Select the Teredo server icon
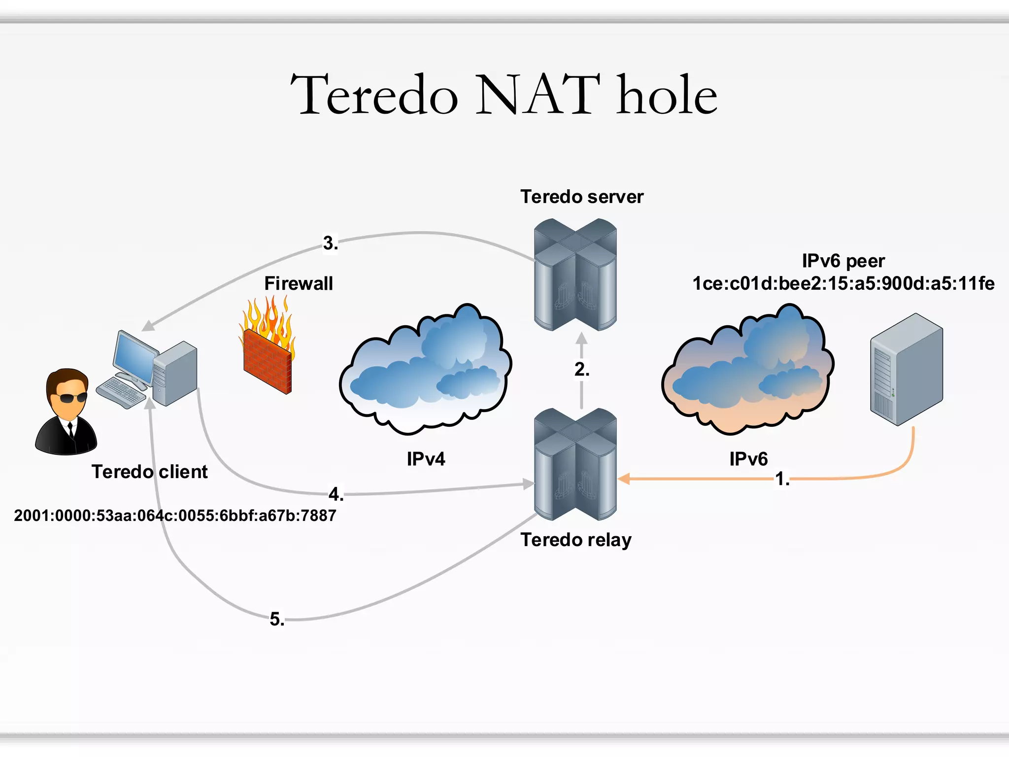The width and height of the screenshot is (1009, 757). tap(575, 275)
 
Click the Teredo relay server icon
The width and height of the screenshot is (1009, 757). tap(575, 464)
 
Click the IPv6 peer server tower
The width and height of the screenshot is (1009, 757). tap(906, 370)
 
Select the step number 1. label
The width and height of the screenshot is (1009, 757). tap(782, 479)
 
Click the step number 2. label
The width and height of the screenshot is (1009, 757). tap(581, 369)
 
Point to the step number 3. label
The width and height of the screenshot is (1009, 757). tap(331, 243)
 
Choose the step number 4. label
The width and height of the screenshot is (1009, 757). tap(336, 494)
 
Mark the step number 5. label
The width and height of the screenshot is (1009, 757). tap(277, 619)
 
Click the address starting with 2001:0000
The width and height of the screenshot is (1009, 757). tap(175, 516)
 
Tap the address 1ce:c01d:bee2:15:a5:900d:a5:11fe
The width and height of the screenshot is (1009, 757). tap(843, 283)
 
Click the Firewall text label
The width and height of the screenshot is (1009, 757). tap(299, 283)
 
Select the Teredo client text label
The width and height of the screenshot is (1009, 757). tap(149, 472)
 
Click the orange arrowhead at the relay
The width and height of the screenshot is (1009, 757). tap(624, 479)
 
